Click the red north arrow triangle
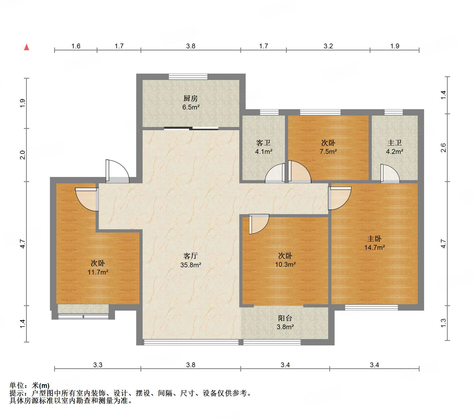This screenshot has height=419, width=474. click(x=27, y=47)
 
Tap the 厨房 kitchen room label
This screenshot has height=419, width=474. click(x=190, y=99)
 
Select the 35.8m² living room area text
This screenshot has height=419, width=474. click(x=191, y=265)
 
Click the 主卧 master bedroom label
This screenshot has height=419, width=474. click(x=374, y=239)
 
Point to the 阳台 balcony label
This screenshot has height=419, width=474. click(x=285, y=318)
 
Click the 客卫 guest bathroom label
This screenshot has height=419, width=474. click(x=263, y=143)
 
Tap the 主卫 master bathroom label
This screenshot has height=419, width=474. click(x=394, y=143)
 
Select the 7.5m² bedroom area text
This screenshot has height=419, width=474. click(x=328, y=152)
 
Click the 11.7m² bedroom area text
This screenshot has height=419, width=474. click(x=98, y=272)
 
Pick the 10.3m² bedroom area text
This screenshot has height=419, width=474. click(x=285, y=264)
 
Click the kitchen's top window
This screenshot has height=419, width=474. click(x=188, y=77)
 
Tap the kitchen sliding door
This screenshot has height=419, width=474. click(x=191, y=129)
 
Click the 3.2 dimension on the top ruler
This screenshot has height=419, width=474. click(x=328, y=46)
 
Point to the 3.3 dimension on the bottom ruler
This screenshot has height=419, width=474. click(x=98, y=365)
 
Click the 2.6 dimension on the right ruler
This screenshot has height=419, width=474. click(x=443, y=148)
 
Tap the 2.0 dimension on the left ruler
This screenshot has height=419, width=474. click(x=23, y=155)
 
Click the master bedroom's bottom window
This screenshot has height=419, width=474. click(x=371, y=307)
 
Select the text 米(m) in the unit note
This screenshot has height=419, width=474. click(x=41, y=385)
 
